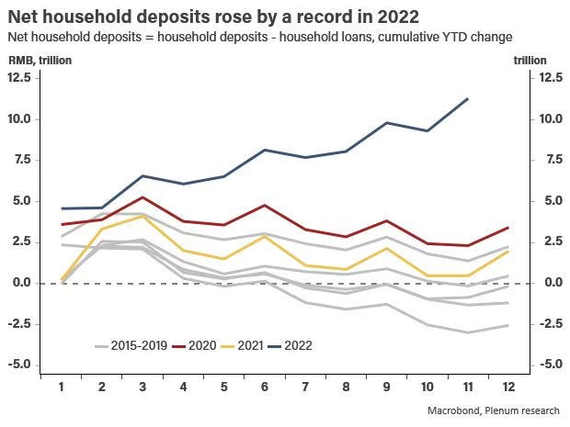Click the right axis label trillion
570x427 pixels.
[x=530, y=61]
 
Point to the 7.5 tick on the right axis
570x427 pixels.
[x=527, y=160]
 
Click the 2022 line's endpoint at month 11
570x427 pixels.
[x=469, y=98]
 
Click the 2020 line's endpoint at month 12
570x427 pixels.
[x=508, y=227]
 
